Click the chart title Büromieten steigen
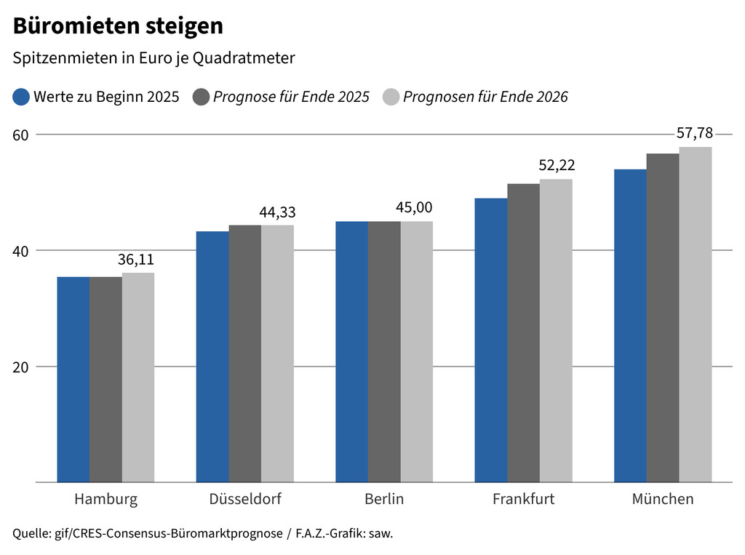click(118, 26)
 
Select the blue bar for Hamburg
click(73, 378)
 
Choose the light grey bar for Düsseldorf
click(277, 354)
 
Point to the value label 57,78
click(696, 133)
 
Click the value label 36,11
click(136, 260)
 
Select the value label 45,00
click(417, 208)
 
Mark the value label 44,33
click(277, 212)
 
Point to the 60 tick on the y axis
click(21, 135)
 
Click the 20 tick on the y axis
click(21, 367)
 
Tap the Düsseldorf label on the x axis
click(245, 499)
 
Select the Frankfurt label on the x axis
click(523, 499)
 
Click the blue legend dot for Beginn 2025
click(22, 97)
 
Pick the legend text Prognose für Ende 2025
click(291, 97)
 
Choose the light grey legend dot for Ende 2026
click(391, 97)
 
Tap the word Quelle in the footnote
click(30, 533)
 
